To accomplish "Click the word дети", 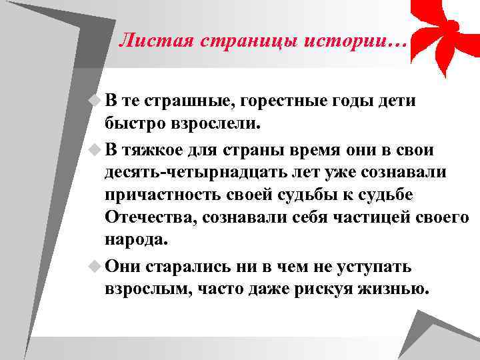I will [393, 101].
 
